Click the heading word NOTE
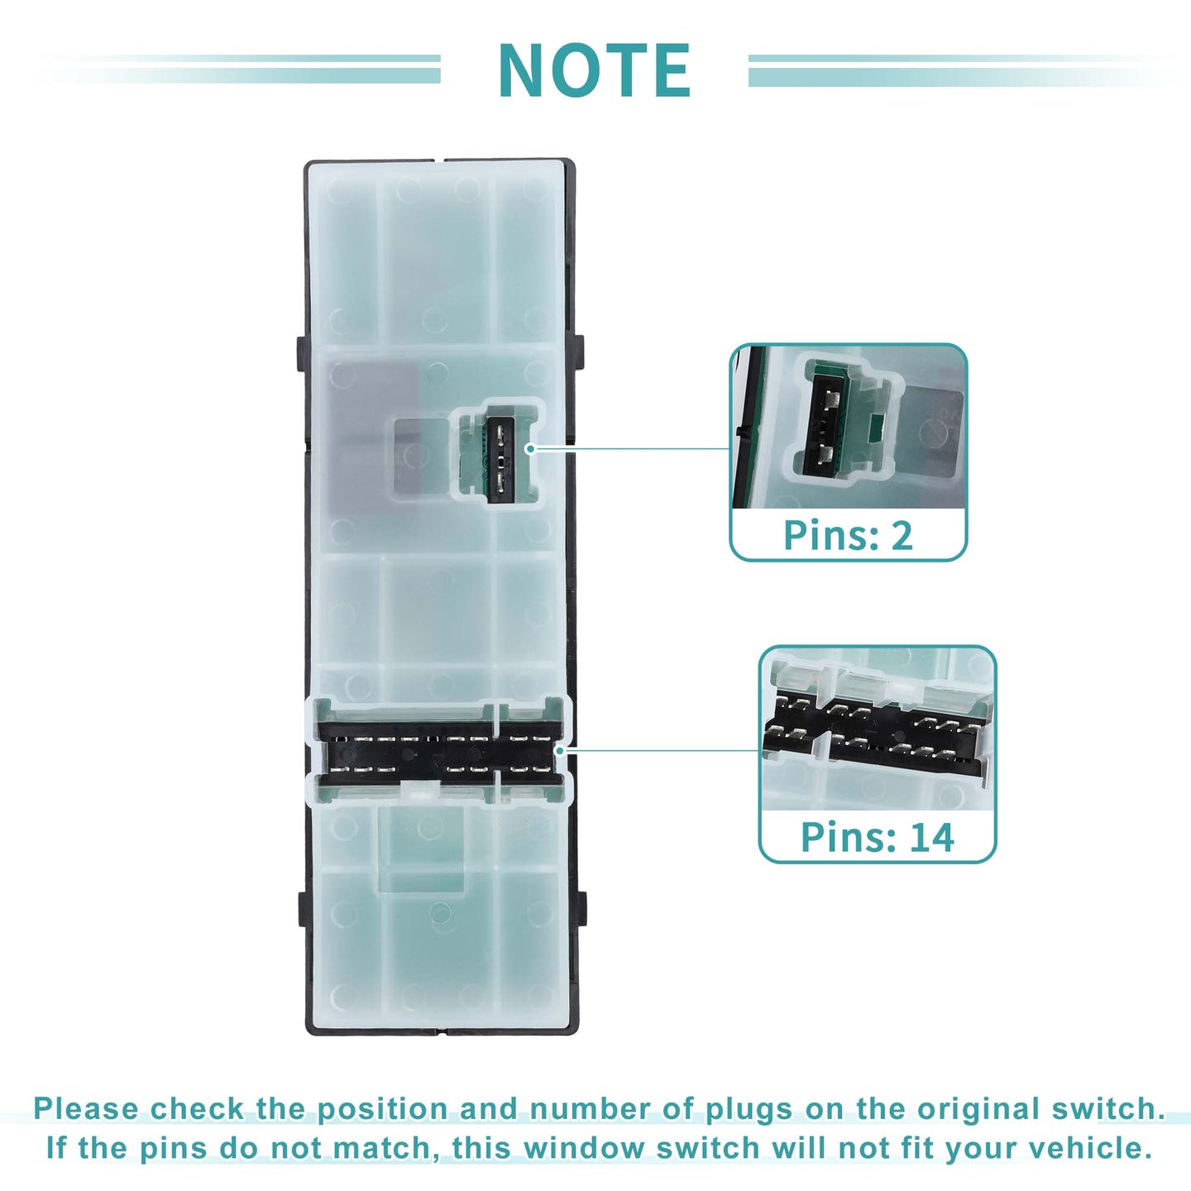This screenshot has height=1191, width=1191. point(594,70)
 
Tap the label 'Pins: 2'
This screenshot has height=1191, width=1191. point(848,535)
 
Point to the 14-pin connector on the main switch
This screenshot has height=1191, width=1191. point(438,753)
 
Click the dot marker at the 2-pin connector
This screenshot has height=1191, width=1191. point(529,448)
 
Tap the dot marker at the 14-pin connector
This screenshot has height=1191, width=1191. point(559,750)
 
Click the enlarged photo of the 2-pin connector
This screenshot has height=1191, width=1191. point(849,427)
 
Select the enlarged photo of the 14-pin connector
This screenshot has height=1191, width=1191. point(878,729)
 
